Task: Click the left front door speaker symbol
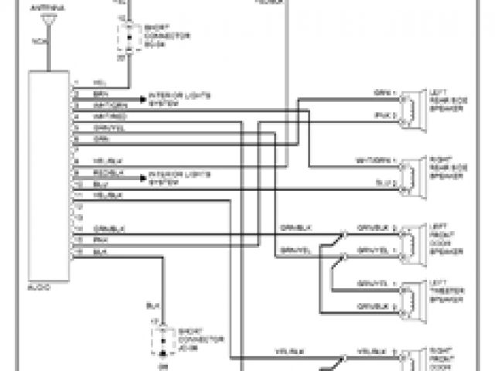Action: [410, 240]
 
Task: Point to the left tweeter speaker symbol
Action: [410, 297]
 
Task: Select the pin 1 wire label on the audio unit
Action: [99, 83]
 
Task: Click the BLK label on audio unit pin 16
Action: [99, 252]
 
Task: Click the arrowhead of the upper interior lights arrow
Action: [144, 100]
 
